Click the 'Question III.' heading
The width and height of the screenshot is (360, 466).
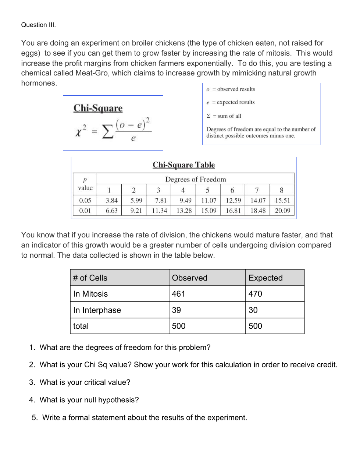point(38,25)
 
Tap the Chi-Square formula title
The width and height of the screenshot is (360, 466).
point(98,108)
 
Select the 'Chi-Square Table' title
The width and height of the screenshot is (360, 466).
point(183,165)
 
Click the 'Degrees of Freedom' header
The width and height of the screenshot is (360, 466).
point(195,179)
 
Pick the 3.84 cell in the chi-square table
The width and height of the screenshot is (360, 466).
point(111,201)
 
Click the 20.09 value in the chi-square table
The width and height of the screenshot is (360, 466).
point(282,211)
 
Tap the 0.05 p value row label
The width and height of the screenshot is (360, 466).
point(85,201)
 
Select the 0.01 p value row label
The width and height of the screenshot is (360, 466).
point(85,211)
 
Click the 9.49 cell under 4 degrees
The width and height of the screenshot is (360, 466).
point(185,201)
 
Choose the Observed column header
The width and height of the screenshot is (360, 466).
point(189,278)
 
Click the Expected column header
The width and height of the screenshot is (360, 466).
point(265,278)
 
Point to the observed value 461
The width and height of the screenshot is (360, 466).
point(178,294)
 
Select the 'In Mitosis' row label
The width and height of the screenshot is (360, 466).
point(90,294)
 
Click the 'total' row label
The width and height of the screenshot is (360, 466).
point(81,326)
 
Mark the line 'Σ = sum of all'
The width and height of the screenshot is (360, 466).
point(224,116)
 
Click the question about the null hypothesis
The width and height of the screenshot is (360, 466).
point(89,400)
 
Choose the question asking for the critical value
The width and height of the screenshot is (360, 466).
point(85,382)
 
